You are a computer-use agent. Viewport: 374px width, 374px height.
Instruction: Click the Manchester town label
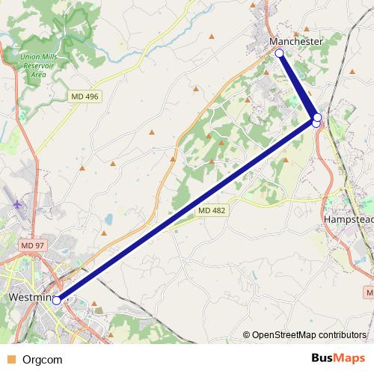tap(296, 42)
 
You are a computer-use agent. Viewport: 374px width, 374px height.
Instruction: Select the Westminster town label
tap(30, 298)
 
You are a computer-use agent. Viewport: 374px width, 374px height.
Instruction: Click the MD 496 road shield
tap(85, 97)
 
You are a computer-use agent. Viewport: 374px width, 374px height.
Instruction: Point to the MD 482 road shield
tap(212, 212)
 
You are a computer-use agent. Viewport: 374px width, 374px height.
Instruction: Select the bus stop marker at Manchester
tap(279, 53)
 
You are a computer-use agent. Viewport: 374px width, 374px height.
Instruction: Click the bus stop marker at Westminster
tap(57, 300)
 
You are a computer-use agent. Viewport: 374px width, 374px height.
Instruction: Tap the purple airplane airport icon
tap(18, 203)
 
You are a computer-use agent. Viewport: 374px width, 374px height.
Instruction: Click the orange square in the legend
tap(10, 358)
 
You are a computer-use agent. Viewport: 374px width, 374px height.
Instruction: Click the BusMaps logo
tap(337, 358)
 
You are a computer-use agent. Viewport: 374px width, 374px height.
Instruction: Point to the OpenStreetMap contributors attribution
tap(307, 336)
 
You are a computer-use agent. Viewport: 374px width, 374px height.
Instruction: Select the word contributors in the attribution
tap(340, 336)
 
